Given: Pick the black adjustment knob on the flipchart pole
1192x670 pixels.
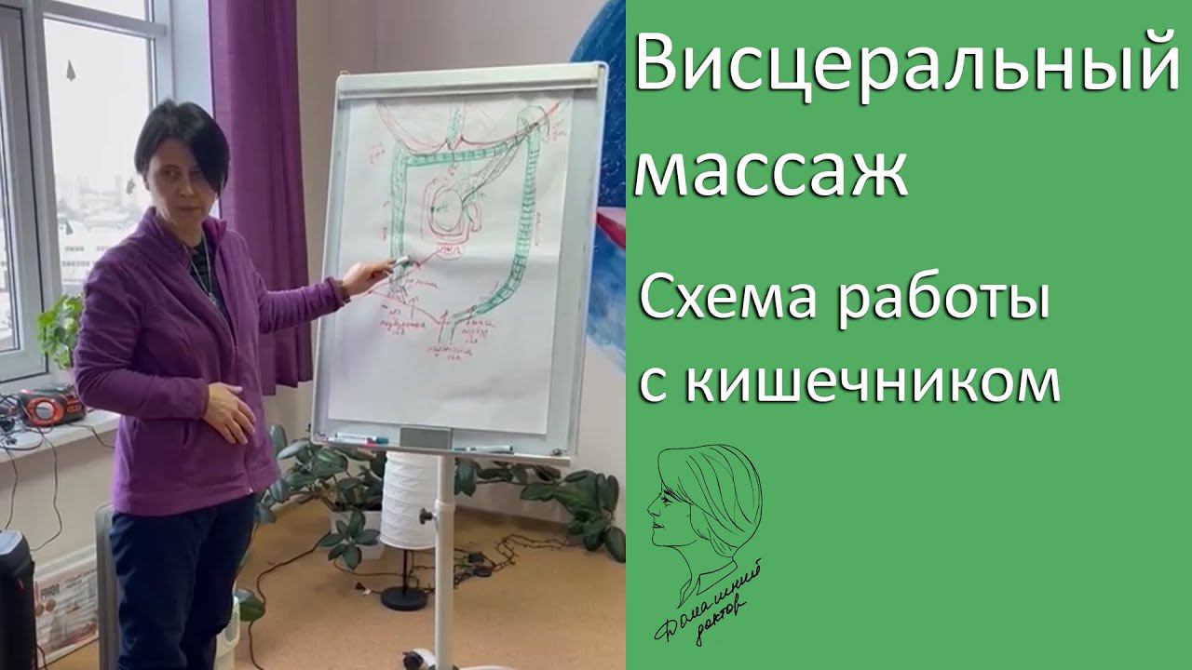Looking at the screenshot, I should click(x=427, y=515).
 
